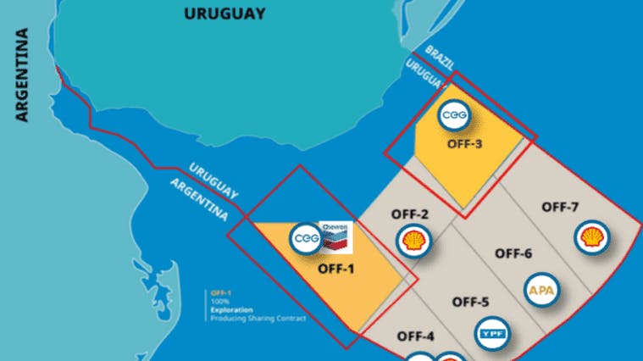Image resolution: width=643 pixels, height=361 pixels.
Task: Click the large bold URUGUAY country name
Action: pyautogui.click(x=224, y=14)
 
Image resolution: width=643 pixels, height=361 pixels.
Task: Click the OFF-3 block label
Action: pyautogui.click(x=464, y=143)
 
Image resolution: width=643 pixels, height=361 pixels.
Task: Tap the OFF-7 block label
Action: pyautogui.click(x=560, y=207)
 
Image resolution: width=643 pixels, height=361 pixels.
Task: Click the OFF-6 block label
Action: pyautogui.click(x=513, y=253)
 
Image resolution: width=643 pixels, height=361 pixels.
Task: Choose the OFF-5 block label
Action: pyautogui.click(x=470, y=301)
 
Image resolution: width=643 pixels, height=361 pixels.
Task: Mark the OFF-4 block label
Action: pyautogui.click(x=415, y=336)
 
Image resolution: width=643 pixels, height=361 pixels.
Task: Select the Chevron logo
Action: pyautogui.click(x=336, y=238)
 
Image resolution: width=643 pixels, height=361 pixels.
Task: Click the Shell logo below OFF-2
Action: pyautogui.click(x=413, y=241)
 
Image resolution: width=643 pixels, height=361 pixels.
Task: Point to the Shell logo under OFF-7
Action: pyautogui.click(x=590, y=239)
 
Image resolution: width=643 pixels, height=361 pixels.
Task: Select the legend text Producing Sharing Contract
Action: pyautogui.click(x=258, y=319)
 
